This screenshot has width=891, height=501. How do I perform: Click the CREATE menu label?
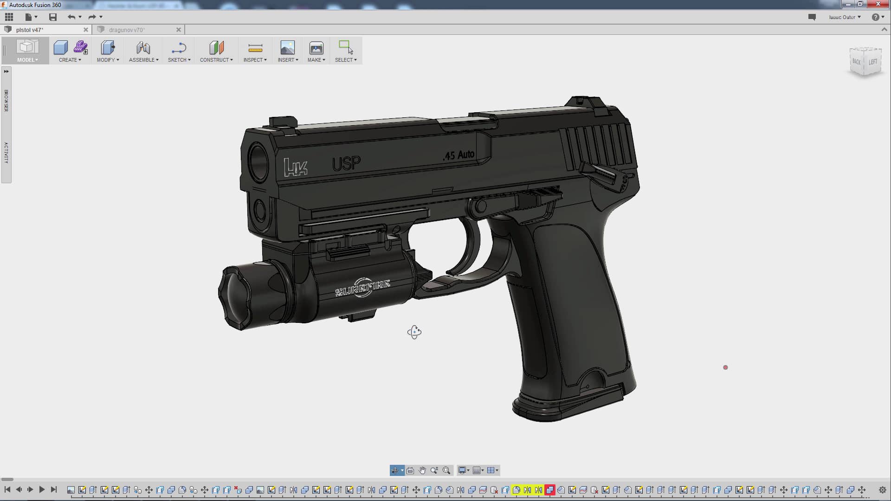point(70,60)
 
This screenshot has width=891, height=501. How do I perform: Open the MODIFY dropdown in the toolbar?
point(108,60)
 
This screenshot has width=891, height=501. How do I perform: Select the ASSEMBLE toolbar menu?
point(143,60)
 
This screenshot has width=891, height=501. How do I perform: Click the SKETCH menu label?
point(179,60)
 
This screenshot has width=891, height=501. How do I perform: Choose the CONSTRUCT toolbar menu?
point(216,60)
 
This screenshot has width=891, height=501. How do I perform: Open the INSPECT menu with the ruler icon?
point(255,60)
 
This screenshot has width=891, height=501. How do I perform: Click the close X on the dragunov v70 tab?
point(179,30)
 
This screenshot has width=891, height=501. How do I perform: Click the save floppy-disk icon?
point(53,17)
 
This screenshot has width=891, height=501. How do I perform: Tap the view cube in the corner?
point(865,62)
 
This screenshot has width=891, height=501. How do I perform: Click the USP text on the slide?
point(346,163)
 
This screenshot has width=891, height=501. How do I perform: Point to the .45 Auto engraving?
point(458,155)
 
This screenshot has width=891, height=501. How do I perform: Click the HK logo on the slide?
point(295,167)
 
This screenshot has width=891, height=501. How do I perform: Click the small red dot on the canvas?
point(725,367)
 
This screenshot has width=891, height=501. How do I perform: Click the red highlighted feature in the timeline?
point(549,490)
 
